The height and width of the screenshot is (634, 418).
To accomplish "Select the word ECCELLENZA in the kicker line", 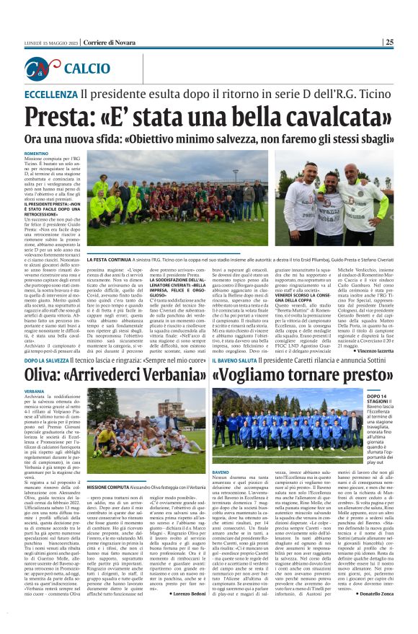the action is [x=50, y=94].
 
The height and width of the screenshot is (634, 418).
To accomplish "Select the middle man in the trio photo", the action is [x=331, y=209].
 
